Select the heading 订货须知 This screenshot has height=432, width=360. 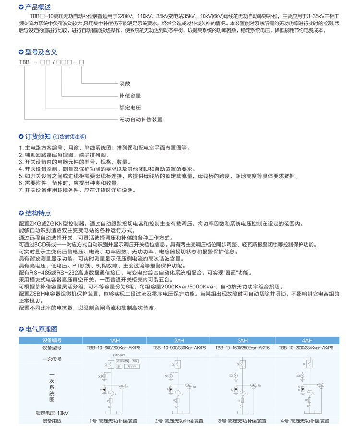click(x=37, y=137)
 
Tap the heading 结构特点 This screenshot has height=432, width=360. click(x=37, y=213)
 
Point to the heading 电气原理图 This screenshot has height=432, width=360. click(x=41, y=329)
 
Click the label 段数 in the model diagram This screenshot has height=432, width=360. click(x=125, y=84)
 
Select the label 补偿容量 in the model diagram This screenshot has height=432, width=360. click(x=130, y=96)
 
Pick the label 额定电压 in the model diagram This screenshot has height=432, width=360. click(x=130, y=108)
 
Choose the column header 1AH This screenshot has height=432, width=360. click(x=114, y=340)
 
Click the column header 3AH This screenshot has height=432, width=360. click(x=242, y=340)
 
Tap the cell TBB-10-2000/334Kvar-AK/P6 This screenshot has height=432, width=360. click(x=306, y=348)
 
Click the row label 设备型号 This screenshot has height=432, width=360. click(x=52, y=348)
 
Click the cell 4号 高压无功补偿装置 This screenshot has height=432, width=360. click(x=305, y=420)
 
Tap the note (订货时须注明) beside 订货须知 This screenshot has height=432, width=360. click(x=70, y=137)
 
